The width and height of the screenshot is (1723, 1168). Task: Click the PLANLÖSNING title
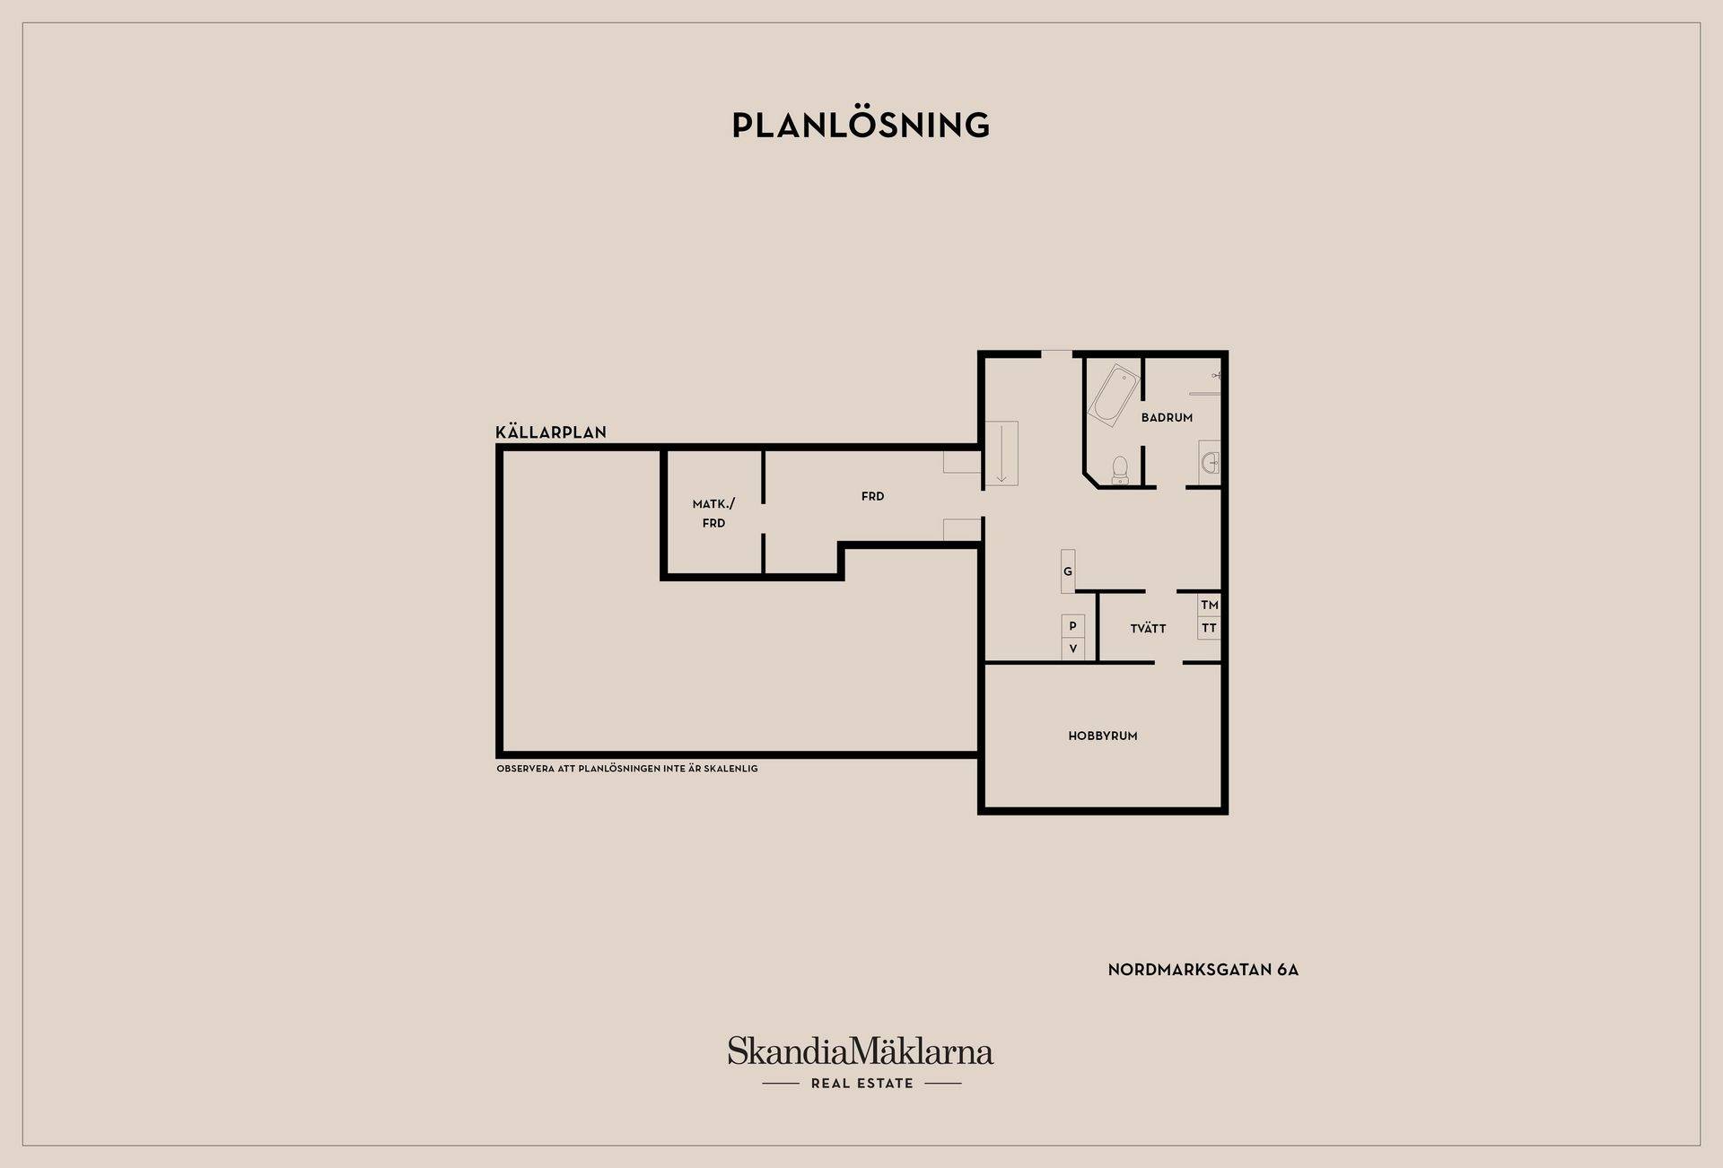861,125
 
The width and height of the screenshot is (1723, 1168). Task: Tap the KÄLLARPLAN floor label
551,432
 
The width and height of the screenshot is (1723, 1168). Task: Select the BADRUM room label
1167,417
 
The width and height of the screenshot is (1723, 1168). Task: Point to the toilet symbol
1120,470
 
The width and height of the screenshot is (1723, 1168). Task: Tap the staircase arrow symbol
1001,454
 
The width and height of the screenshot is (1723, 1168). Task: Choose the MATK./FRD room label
713,513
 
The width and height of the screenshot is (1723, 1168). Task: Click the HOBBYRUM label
1103,736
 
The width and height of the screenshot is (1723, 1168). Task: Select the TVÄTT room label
1148,628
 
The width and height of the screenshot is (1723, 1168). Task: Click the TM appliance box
1209,605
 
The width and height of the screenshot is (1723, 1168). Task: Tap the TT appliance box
1209,628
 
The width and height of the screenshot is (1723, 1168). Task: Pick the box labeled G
1068,571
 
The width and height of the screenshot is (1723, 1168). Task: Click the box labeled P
1072,626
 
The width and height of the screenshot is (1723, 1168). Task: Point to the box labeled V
1072,649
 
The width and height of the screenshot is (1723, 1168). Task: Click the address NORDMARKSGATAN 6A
1203,970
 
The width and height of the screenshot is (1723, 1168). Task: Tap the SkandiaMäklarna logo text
861,1050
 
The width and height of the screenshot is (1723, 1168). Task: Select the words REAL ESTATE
861,1084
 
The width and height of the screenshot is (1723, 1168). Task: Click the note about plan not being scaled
627,769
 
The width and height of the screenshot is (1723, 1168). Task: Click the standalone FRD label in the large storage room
872,496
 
